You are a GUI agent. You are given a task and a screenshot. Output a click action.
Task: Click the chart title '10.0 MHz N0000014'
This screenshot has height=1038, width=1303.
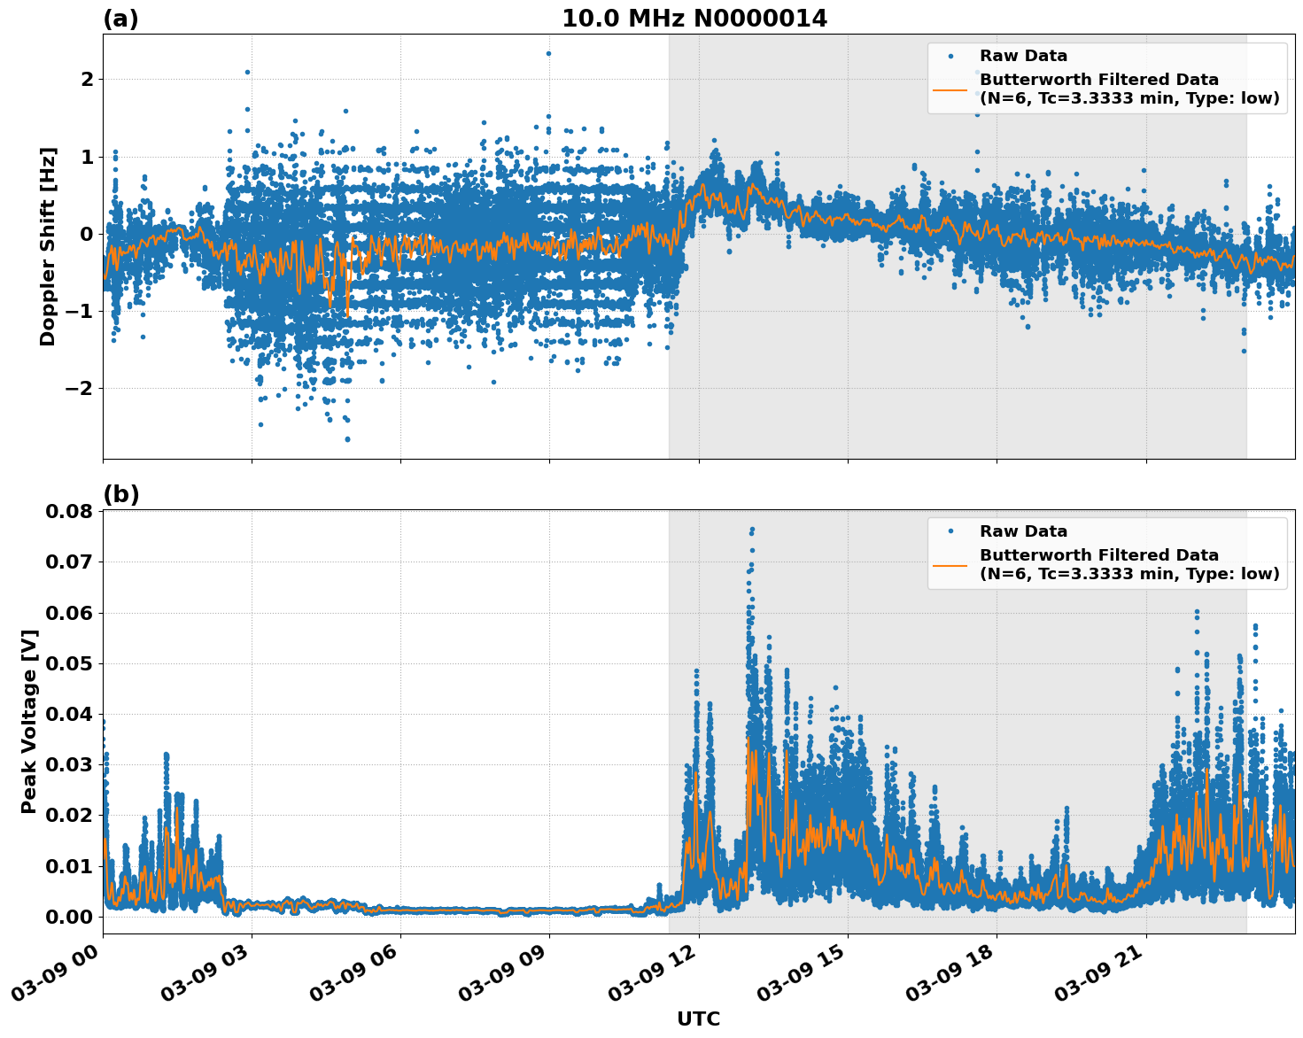[x=694, y=19]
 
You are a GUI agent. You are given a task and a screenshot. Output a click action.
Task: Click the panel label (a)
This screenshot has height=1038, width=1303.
[x=120, y=19]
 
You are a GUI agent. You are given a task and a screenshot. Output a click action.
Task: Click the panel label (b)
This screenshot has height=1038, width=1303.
[x=120, y=494]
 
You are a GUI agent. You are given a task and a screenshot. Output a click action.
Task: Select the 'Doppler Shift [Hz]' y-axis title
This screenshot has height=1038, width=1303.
[x=48, y=246]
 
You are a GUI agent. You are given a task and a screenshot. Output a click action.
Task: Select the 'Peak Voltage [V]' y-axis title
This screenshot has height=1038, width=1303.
[x=29, y=721]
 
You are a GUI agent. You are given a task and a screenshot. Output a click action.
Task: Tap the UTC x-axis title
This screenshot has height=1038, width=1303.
[x=698, y=1019]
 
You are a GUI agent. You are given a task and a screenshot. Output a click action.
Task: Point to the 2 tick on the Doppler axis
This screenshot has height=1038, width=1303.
[x=87, y=80]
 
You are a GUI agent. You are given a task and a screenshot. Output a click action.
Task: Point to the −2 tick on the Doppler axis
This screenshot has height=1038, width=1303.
[x=78, y=388]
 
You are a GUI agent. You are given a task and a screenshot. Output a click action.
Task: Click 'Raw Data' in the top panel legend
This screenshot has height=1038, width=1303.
[x=1023, y=57]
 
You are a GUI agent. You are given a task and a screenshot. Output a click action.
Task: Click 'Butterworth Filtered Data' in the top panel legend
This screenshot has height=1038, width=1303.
[x=1098, y=80]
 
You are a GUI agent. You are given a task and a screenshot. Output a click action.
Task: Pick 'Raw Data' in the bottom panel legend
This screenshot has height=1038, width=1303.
[x=1023, y=531]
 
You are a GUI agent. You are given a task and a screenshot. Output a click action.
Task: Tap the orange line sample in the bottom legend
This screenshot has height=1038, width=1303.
[x=950, y=564]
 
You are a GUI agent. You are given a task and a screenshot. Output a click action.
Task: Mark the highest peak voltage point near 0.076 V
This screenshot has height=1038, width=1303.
[x=752, y=530]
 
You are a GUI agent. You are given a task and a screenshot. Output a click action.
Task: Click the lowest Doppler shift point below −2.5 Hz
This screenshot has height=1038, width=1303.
[x=347, y=438]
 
